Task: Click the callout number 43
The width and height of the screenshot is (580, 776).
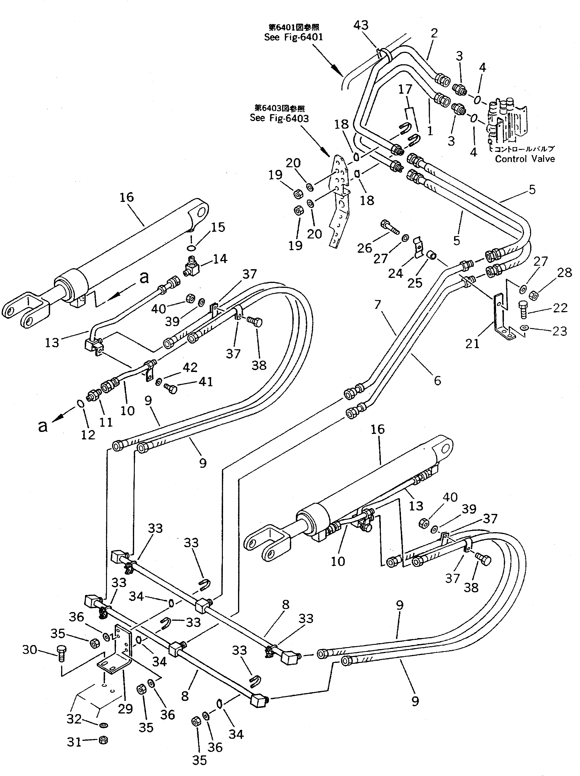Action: point(361,25)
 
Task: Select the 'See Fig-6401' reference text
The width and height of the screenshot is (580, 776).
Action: point(294,37)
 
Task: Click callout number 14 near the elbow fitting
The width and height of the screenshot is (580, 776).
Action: point(220,259)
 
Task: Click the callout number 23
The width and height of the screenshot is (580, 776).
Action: point(559,331)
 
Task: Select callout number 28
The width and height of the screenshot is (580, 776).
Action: point(564,273)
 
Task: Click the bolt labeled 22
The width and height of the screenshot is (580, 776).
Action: point(522,310)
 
